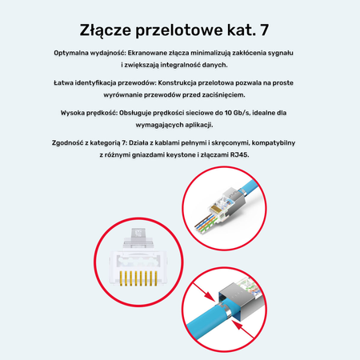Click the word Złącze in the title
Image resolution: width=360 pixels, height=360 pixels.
tap(110, 30)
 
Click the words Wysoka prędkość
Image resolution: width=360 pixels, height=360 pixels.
tap(87, 114)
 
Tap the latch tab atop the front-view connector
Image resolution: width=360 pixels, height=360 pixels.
tap(138, 235)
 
